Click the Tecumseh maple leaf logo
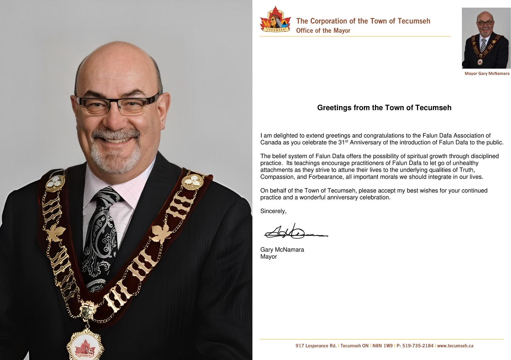(x=276, y=20)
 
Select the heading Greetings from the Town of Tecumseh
(x=384, y=108)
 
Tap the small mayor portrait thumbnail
(x=486, y=38)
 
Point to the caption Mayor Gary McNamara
(x=487, y=73)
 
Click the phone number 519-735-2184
(x=418, y=346)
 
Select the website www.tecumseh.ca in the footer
(x=455, y=346)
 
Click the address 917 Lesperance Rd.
(x=316, y=346)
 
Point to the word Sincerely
(x=273, y=211)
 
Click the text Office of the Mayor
(x=323, y=31)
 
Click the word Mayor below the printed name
(x=268, y=257)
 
